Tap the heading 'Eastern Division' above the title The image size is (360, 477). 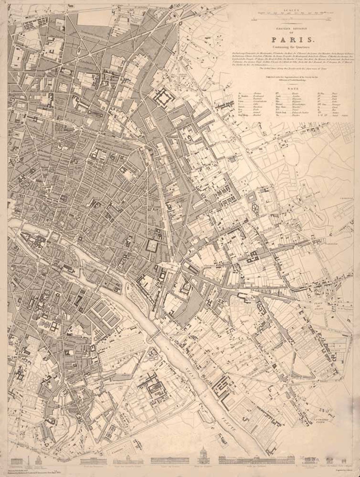tap(291, 29)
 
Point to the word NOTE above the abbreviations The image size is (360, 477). tap(291, 89)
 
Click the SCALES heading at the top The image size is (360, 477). tap(291, 10)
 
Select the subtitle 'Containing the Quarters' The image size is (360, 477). tap(291, 47)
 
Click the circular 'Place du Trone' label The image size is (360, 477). tap(319, 304)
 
